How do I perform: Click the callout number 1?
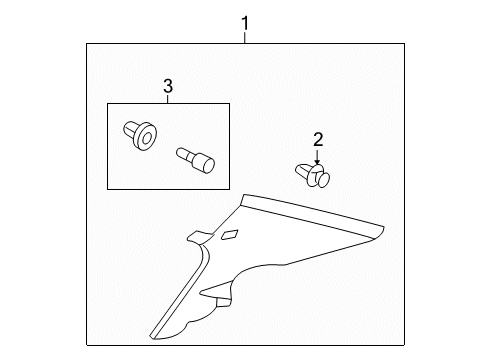point(245,23)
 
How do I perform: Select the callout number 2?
point(318,140)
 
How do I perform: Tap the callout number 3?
point(168,86)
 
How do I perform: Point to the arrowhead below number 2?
point(317,162)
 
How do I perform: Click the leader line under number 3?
point(168,99)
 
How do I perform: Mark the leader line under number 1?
point(245,37)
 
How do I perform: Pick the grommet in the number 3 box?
point(140,136)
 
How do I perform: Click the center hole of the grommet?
point(146,139)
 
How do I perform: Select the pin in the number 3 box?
point(195,160)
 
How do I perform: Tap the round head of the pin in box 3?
point(208,166)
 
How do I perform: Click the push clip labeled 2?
point(312,175)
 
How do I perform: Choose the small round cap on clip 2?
point(323,180)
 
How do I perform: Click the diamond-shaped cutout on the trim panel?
point(230,235)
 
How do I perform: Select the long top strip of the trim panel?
point(313,216)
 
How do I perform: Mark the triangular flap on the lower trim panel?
point(217,289)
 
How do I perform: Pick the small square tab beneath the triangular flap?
point(223,302)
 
